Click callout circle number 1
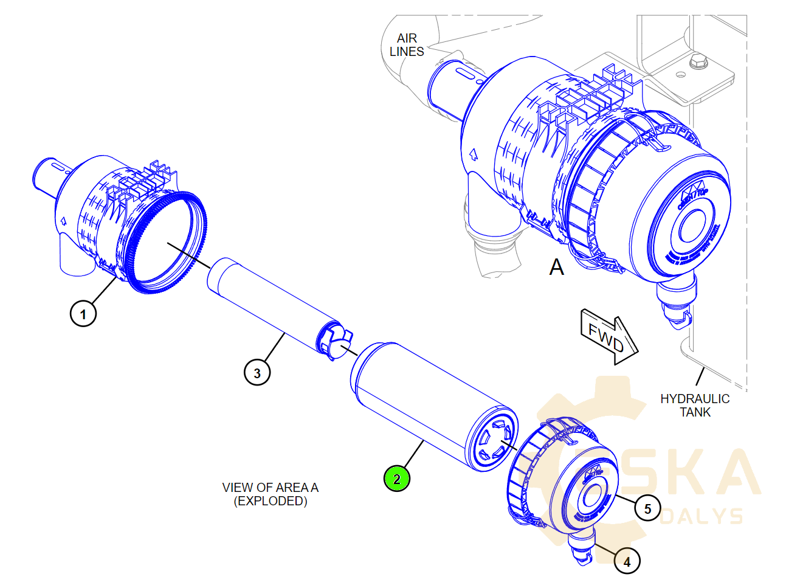[x=83, y=314]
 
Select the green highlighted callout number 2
[x=397, y=479]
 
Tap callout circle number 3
[x=257, y=372]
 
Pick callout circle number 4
[x=627, y=561]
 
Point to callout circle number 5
[x=647, y=508]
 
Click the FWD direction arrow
[x=608, y=337]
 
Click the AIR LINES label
[x=407, y=45]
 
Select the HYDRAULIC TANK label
[x=695, y=405]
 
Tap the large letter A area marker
[x=556, y=267]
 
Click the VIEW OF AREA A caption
[x=270, y=487]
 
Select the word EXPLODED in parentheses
[x=271, y=501]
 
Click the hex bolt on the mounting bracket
[x=697, y=61]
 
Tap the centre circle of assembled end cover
[x=692, y=227]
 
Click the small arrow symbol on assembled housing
[x=472, y=154]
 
